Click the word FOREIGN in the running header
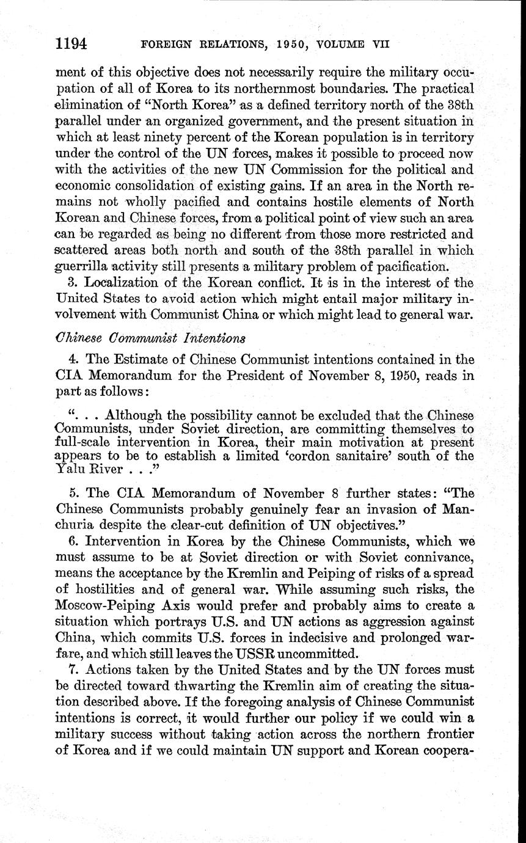coord(161,44)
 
